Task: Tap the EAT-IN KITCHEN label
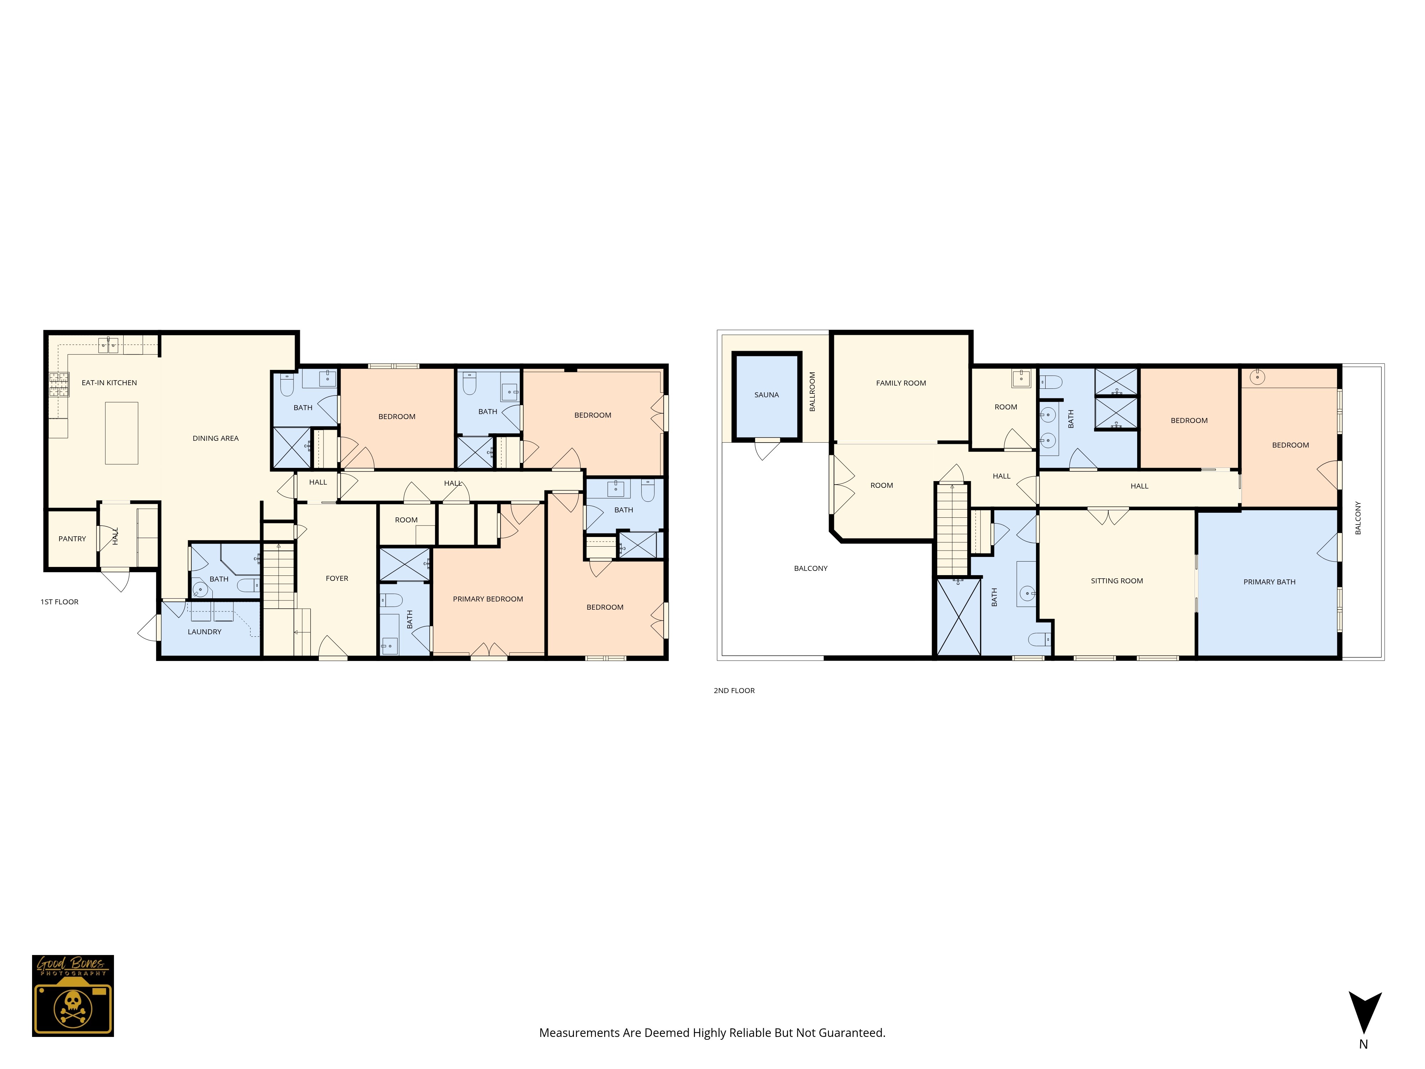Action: click(109, 383)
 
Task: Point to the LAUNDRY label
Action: click(204, 632)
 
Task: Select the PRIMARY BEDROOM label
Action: click(488, 599)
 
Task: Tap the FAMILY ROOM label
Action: click(901, 383)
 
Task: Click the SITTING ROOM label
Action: click(1116, 581)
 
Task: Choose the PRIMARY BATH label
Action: click(1269, 582)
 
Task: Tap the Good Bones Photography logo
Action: click(73, 996)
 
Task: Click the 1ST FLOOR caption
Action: click(59, 602)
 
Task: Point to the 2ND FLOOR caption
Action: click(734, 691)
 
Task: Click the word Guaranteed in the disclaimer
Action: click(854, 1033)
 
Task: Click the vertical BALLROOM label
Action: click(812, 391)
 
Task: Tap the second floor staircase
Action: click(952, 528)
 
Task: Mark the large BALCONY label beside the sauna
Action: click(810, 568)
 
